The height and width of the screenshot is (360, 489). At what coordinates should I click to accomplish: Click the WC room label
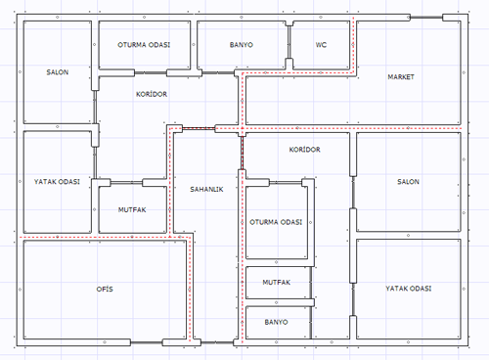321,45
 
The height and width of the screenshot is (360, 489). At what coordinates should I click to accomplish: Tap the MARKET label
401,77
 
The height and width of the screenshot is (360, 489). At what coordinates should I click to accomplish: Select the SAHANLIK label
206,189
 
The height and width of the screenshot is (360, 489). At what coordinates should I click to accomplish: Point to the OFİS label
105,289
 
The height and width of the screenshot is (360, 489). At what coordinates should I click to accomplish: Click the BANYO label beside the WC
242,45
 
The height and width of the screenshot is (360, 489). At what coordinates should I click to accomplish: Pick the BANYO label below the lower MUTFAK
276,322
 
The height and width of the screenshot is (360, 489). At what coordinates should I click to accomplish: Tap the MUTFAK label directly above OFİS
132,209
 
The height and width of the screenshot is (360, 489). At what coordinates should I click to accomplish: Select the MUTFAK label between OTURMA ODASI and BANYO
277,283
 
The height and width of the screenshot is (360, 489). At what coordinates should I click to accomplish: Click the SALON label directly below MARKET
408,182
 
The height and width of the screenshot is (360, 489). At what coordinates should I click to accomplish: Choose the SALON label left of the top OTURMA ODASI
58,72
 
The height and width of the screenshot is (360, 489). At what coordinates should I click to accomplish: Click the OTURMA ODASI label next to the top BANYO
144,45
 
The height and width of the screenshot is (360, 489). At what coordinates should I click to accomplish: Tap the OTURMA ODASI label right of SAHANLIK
276,222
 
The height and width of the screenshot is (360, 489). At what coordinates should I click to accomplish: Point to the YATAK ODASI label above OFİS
57,182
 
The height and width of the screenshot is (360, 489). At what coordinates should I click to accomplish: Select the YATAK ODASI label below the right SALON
409,289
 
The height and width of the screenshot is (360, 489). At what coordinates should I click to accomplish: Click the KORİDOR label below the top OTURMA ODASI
152,94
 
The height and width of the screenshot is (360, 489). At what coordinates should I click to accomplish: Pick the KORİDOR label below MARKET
305,150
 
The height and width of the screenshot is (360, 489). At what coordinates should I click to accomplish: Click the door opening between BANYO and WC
289,42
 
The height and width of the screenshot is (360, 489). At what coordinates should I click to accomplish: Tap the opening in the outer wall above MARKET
426,18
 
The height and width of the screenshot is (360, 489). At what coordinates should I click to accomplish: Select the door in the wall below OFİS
147,342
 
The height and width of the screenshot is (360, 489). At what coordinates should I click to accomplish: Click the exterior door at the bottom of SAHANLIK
217,342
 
